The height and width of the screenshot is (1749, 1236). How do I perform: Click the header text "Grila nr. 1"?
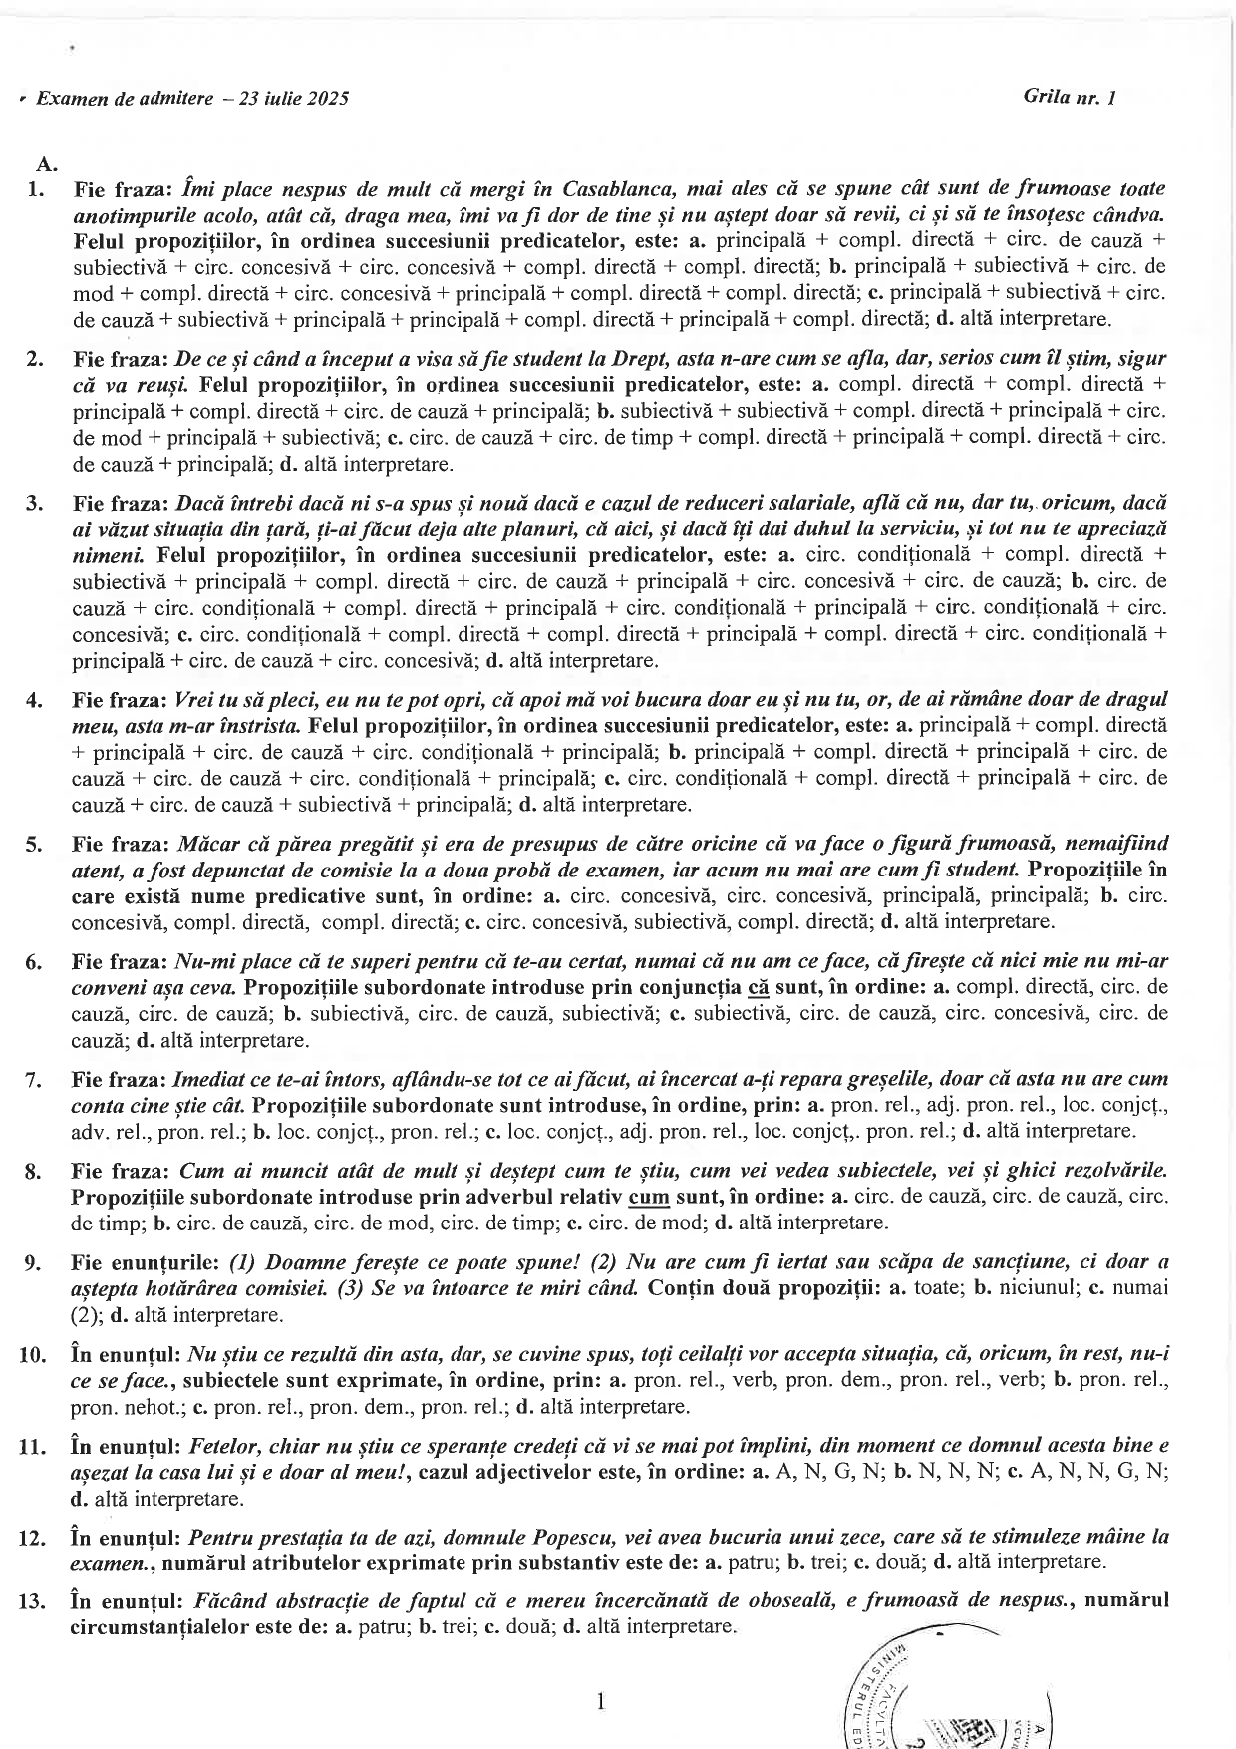pos(1069,97)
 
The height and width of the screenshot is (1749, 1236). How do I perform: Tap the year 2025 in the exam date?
pos(329,99)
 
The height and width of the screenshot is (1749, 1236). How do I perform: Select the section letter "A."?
pos(46,163)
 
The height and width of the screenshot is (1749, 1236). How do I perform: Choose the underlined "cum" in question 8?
pos(648,1197)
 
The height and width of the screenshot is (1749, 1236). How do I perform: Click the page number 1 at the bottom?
pos(600,1702)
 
